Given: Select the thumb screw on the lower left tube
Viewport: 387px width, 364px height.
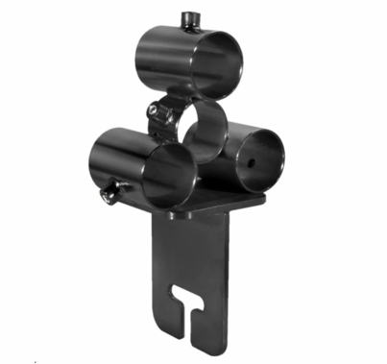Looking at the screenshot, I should pyautogui.click(x=106, y=195).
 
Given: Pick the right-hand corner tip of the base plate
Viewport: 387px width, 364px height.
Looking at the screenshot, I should pyautogui.click(x=264, y=198).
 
